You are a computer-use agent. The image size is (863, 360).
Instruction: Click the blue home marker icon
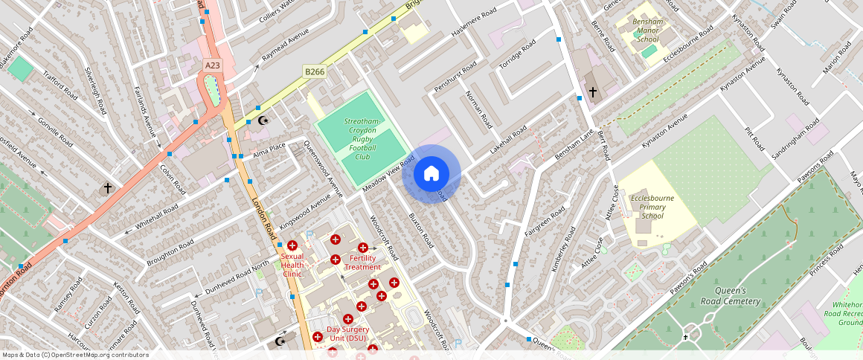431,174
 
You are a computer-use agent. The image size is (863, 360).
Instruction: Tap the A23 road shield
213,65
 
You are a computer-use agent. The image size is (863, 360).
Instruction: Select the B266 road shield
314,71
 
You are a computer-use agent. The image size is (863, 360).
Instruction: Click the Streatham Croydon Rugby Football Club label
362,139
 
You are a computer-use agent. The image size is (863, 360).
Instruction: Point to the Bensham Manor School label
644,31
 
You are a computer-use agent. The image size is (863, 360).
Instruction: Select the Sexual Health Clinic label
292,265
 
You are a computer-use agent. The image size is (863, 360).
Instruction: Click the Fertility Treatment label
363,262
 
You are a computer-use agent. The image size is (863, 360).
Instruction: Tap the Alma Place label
269,150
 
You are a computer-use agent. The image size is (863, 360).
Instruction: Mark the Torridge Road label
517,55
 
